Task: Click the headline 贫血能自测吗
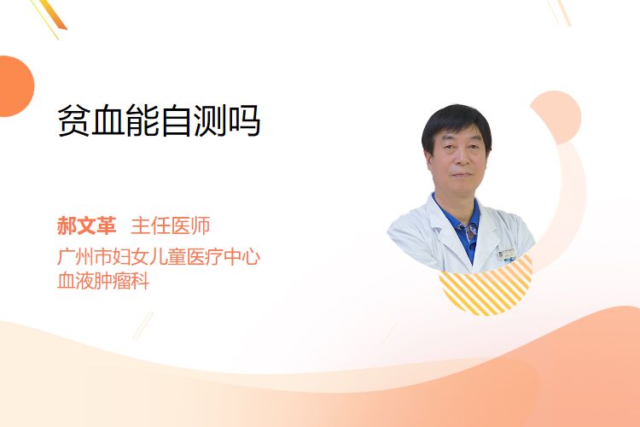coord(159,120)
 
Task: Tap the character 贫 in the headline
coord(73,120)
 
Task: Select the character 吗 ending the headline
coord(244,120)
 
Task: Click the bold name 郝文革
coord(86,225)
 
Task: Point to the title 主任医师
coord(170,225)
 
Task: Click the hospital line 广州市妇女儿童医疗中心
coord(159,256)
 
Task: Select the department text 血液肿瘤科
coord(103,281)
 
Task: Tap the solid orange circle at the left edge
coord(16,86)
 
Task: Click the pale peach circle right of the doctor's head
coord(556,117)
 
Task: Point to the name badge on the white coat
coord(508,255)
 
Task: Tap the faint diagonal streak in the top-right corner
coord(559,12)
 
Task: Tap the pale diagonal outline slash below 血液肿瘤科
coord(143,325)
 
